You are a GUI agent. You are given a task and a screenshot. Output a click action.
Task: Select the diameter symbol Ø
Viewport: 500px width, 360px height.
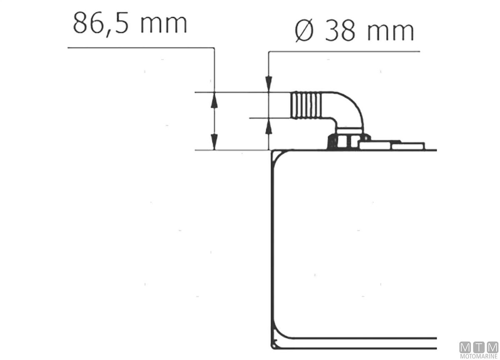[304, 32]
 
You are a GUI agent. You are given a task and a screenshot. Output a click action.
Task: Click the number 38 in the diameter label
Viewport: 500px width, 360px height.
[340, 32]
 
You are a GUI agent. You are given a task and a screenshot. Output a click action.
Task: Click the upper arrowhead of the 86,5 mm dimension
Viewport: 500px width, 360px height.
[214, 100]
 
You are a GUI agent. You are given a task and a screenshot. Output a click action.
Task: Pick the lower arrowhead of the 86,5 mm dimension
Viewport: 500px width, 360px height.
[214, 142]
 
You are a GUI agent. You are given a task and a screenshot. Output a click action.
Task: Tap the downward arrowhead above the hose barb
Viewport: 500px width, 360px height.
[269, 84]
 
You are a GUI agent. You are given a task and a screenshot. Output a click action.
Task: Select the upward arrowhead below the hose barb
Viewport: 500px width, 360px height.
[269, 126]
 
